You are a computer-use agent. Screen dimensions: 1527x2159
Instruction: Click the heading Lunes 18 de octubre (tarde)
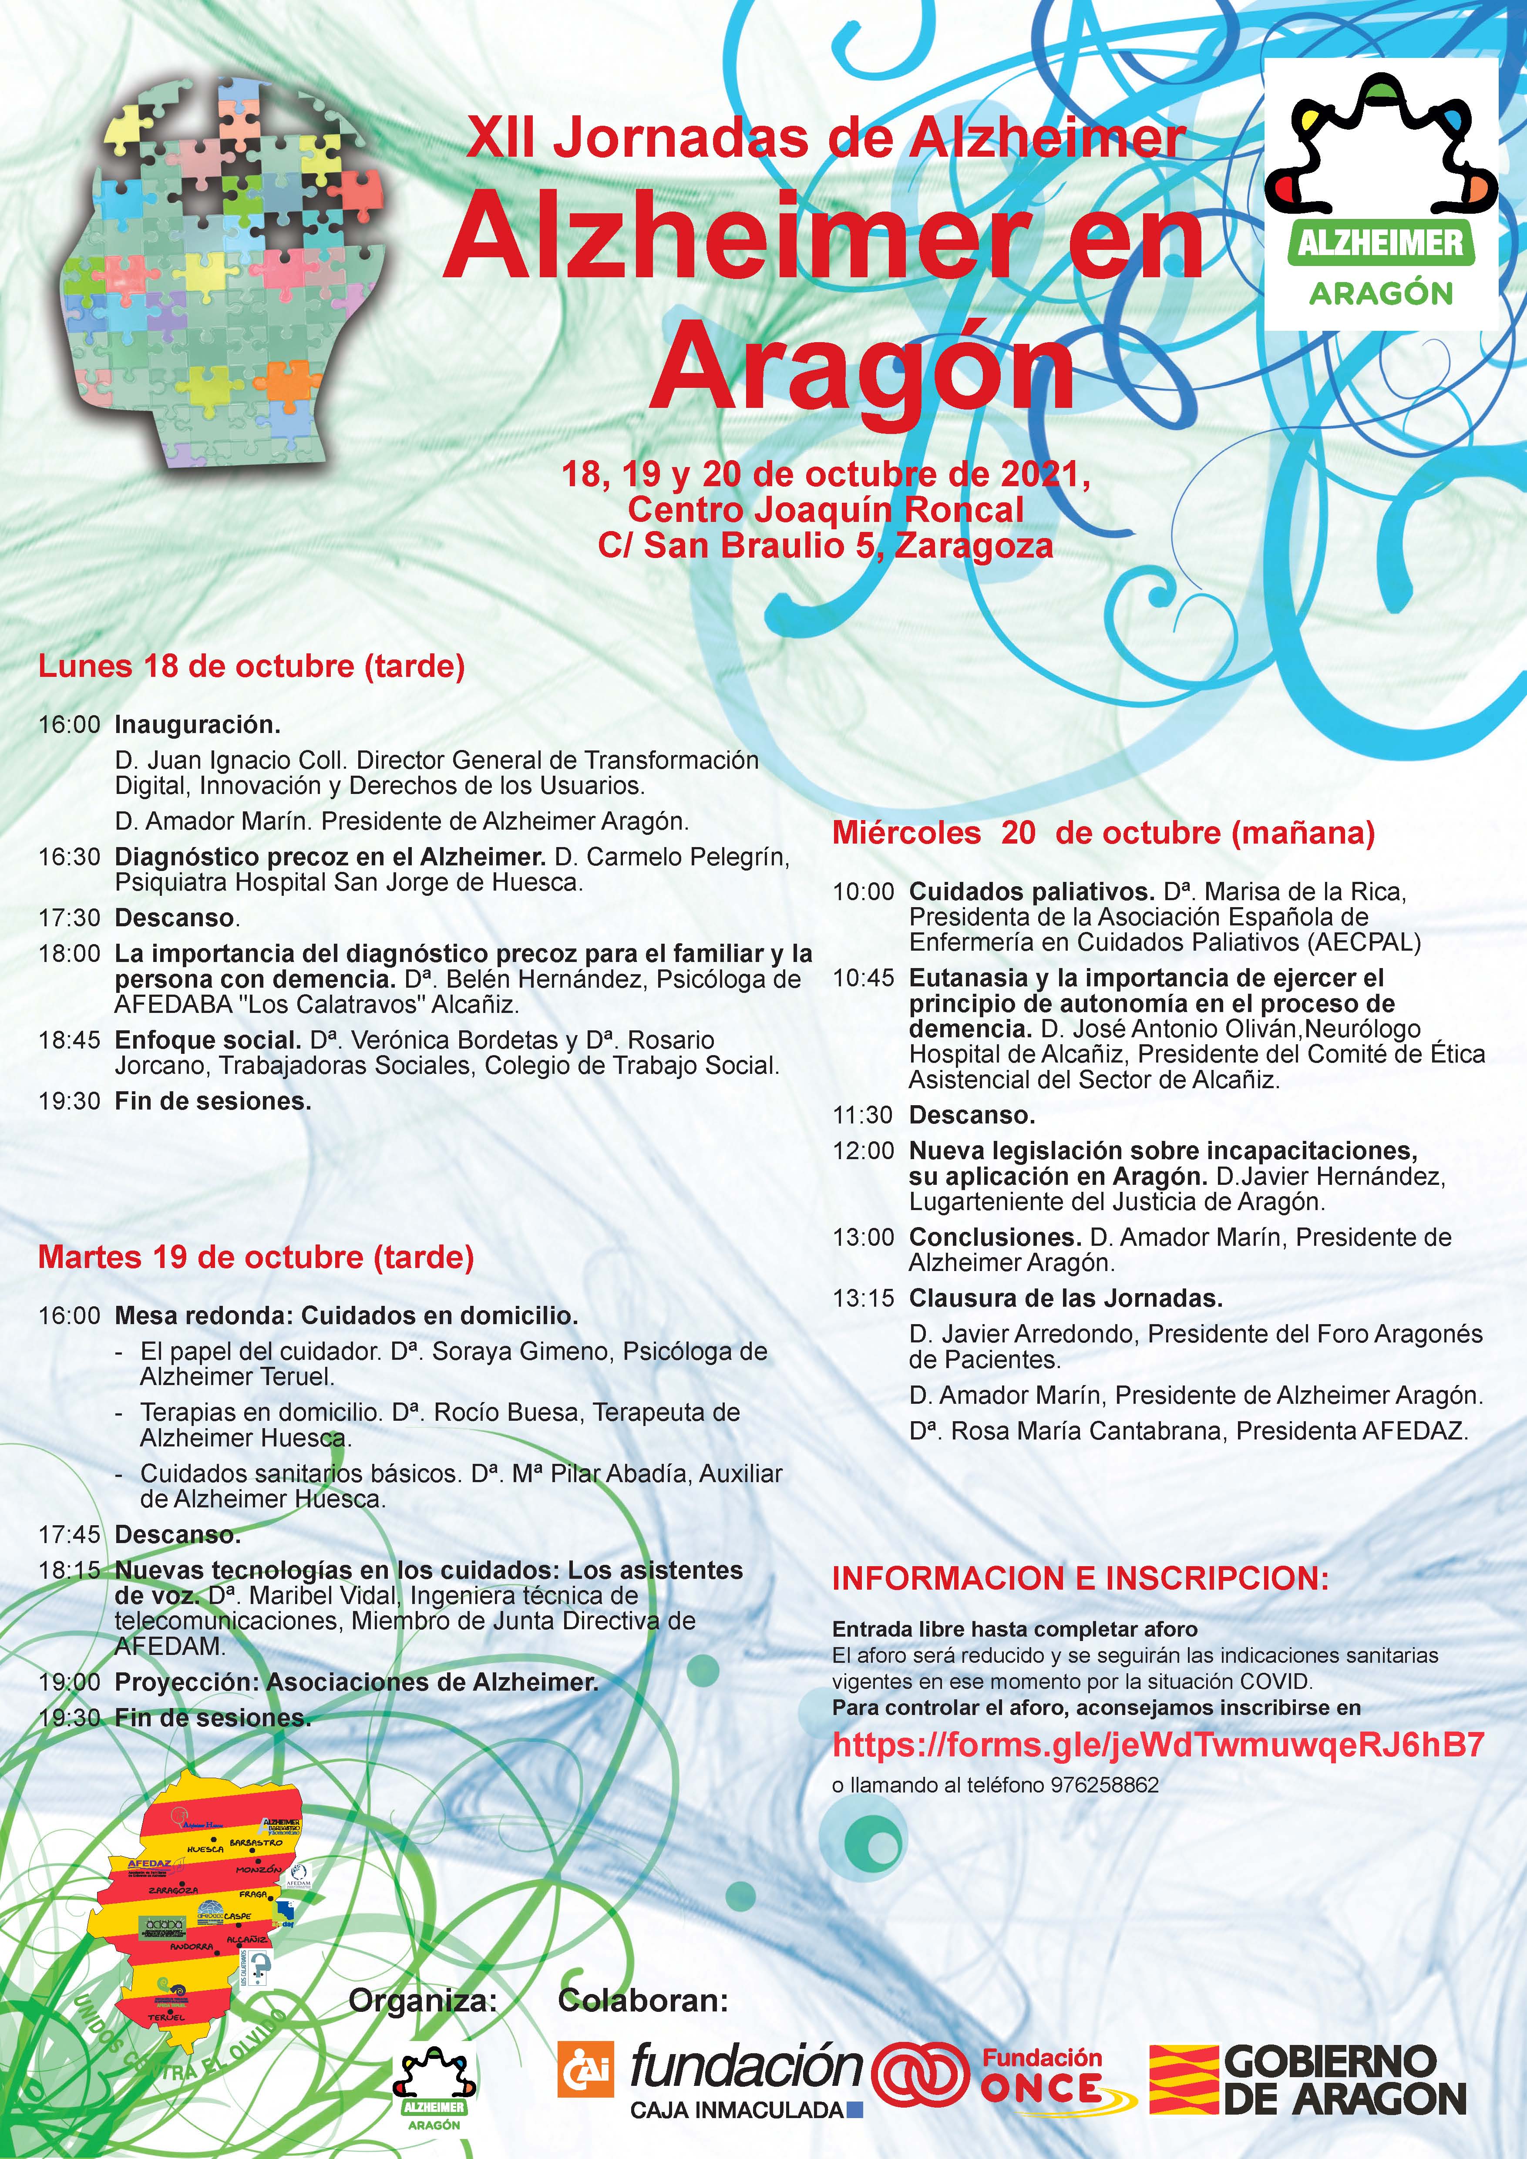click(251, 667)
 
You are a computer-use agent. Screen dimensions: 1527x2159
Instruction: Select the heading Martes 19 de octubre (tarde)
click(255, 1257)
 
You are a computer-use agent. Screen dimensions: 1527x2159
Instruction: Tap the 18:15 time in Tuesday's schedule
click(69, 1570)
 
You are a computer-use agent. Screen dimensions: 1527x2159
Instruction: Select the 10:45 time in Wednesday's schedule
click(863, 978)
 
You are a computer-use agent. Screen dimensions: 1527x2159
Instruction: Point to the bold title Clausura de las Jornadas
click(1065, 1298)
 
